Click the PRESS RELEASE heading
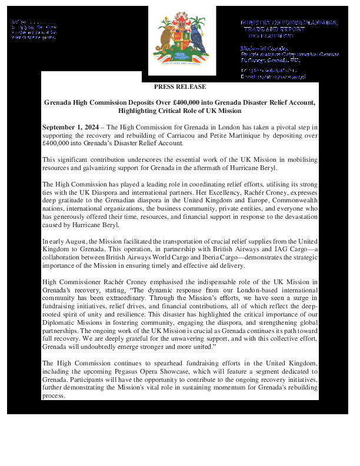tap(180, 87)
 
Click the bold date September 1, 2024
tap(66, 128)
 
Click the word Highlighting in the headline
tap(139, 111)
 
